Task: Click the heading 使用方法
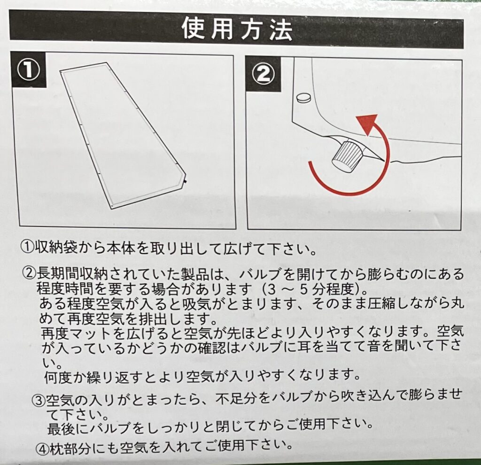tap(237, 29)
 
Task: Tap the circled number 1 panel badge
tap(28, 70)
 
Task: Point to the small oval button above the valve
tap(304, 98)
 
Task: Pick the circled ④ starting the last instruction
tap(42, 449)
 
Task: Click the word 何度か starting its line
tap(65, 377)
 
